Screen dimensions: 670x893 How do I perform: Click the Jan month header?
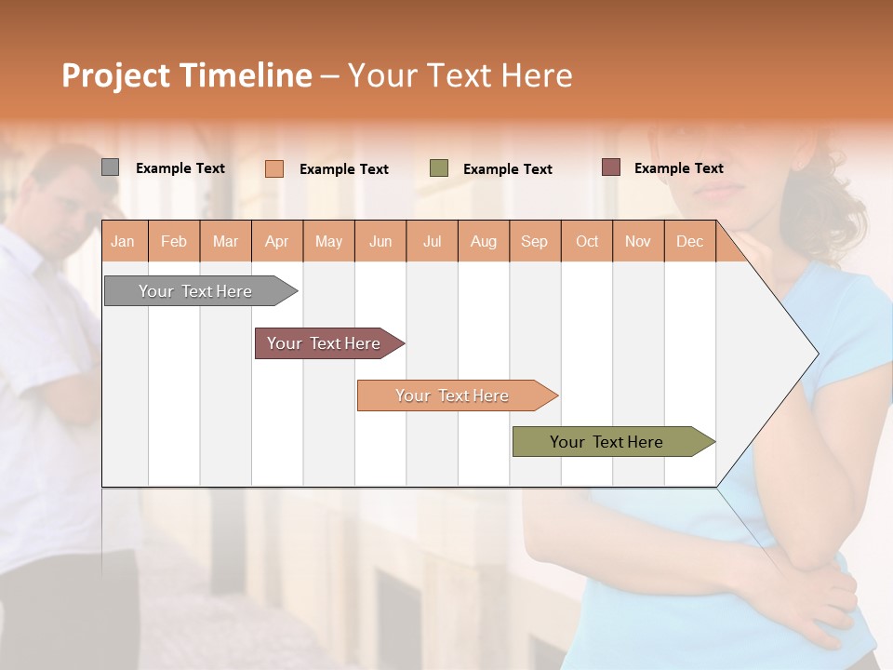pos(124,242)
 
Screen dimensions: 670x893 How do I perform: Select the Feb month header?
pos(174,242)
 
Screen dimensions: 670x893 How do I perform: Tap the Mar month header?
pos(225,242)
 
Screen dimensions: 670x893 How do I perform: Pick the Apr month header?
pos(277,242)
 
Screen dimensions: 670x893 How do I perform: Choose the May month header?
pos(328,242)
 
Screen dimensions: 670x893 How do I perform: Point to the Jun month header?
pos(380,242)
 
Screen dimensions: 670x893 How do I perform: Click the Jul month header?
pos(432,242)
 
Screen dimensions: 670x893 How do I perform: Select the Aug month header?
pos(484,242)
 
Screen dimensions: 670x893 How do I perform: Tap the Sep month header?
pos(535,242)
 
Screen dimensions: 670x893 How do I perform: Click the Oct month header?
pos(587,242)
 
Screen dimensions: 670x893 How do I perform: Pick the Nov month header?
pos(638,242)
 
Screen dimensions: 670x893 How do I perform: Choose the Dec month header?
pos(690,242)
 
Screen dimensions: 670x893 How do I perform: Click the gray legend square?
pos(110,167)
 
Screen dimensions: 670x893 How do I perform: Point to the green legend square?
pos(439,168)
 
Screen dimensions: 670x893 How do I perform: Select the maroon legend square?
pos(611,167)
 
